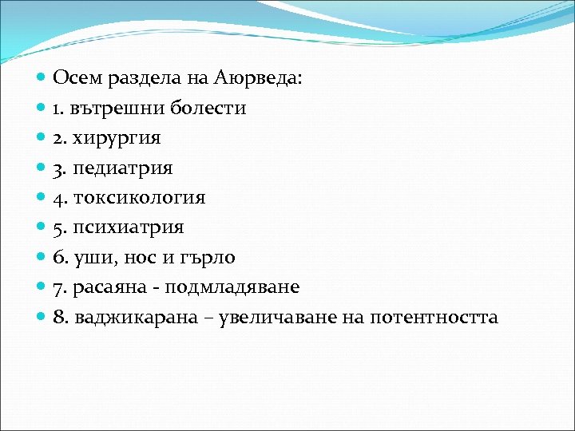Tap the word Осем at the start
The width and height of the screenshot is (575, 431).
click(76, 77)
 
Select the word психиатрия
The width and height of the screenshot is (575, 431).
click(129, 227)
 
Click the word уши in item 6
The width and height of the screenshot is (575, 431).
click(92, 258)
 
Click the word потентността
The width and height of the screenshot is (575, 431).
click(432, 318)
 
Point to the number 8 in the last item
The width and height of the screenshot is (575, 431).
click(58, 318)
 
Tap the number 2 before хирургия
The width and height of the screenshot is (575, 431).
click(57, 138)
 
